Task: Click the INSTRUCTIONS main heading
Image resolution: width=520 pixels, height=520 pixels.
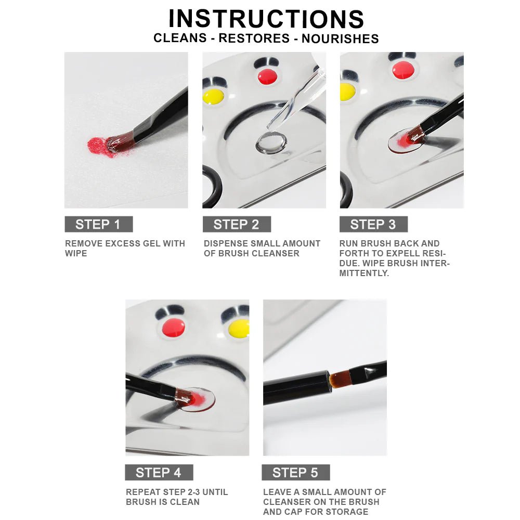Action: pyautogui.click(x=266, y=19)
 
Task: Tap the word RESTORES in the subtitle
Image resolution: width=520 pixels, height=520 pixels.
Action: pyautogui.click(x=254, y=38)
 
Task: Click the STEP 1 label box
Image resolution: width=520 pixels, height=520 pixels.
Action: pyautogui.click(x=99, y=224)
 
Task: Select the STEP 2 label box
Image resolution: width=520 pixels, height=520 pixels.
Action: pyautogui.click(x=237, y=224)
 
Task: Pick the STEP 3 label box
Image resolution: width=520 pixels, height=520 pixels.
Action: pyautogui.click(x=373, y=224)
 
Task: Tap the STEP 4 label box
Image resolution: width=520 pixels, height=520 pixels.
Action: pyautogui.click(x=159, y=472)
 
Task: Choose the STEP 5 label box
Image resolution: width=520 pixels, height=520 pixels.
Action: pyautogui.click(x=295, y=472)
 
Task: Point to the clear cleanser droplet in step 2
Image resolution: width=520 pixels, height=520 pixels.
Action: pyautogui.click(x=271, y=142)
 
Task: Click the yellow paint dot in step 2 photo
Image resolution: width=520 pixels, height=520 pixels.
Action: pyautogui.click(x=214, y=96)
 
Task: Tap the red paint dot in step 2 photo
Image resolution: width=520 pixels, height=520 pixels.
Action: pyautogui.click(x=267, y=76)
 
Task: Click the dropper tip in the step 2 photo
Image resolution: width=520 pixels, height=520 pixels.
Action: pyautogui.click(x=270, y=125)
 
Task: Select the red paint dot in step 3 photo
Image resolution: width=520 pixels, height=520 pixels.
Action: pyautogui.click(x=403, y=70)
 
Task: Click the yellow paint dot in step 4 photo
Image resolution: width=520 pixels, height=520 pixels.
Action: pyautogui.click(x=239, y=328)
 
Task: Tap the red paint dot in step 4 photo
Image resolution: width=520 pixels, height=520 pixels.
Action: pyautogui.click(x=174, y=327)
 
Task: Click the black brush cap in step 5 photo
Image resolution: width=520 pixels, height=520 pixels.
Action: pyautogui.click(x=297, y=388)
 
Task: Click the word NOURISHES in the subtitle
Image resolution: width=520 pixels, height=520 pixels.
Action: pyautogui.click(x=340, y=38)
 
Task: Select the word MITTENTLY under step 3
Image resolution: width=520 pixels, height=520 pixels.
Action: pyautogui.click(x=364, y=273)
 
